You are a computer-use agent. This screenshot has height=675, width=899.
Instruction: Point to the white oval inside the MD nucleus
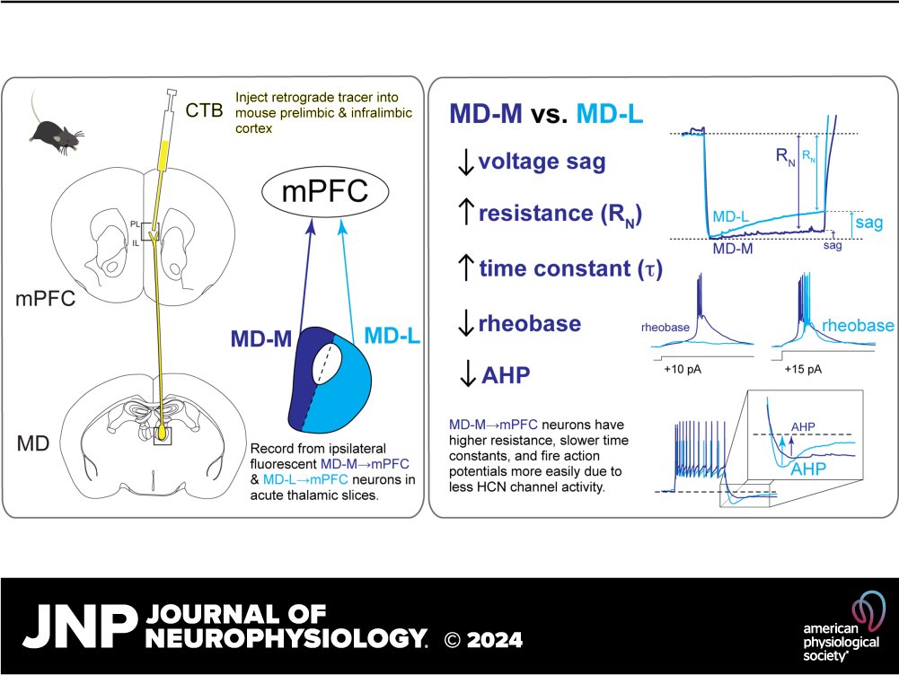coord(325,370)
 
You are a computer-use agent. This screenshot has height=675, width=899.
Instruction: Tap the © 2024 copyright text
coord(484,639)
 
